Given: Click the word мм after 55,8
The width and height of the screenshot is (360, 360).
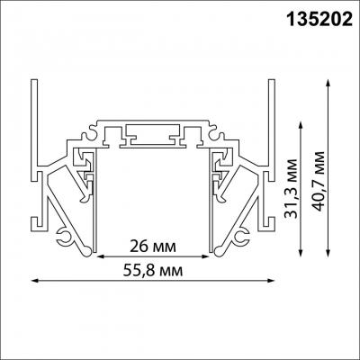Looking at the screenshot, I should coord(181,270).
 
